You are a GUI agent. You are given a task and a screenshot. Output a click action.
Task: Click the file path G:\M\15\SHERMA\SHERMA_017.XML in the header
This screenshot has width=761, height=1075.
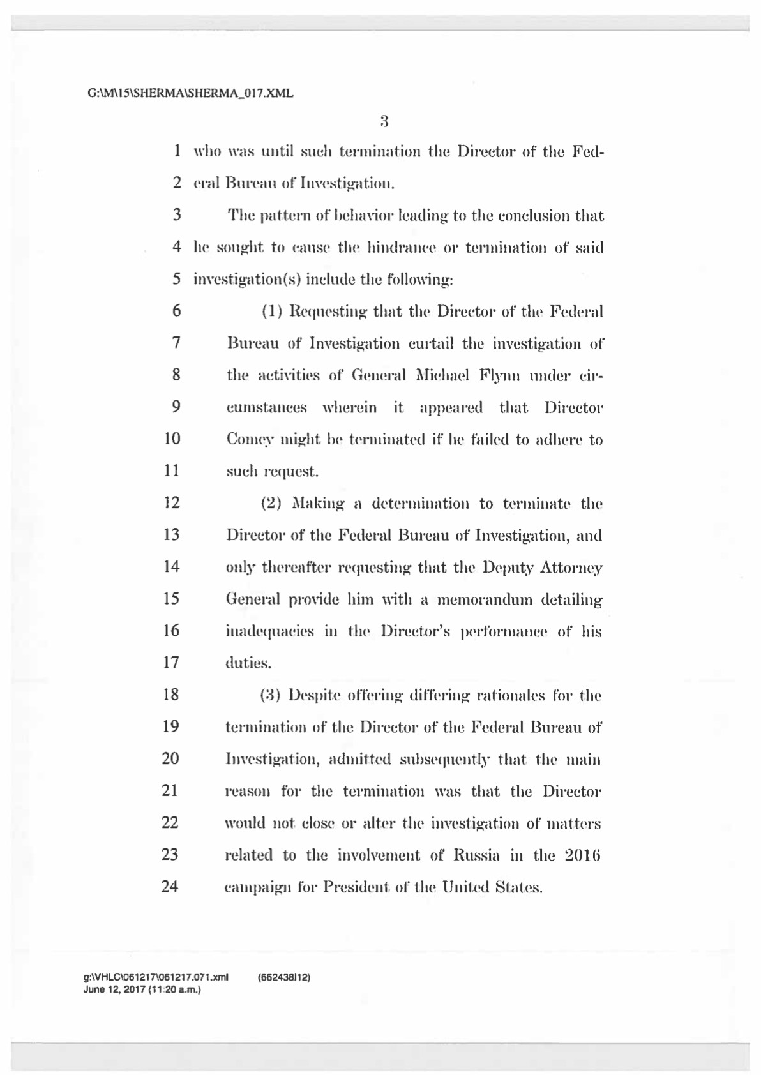tap(190, 93)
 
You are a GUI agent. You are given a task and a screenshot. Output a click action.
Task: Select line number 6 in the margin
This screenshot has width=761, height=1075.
tap(176, 311)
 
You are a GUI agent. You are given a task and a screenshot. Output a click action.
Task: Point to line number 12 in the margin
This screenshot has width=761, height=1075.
tap(172, 502)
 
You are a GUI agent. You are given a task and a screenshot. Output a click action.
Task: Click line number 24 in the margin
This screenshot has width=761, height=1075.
tap(170, 886)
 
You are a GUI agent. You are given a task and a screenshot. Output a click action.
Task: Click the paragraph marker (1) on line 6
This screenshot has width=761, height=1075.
tap(273, 312)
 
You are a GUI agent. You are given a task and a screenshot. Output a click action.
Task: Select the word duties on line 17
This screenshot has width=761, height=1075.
tap(248, 663)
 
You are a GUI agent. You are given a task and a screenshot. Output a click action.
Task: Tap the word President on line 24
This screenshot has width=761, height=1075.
tap(356, 887)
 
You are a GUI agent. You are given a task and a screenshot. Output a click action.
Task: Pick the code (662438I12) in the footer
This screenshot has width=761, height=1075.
tap(284, 978)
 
